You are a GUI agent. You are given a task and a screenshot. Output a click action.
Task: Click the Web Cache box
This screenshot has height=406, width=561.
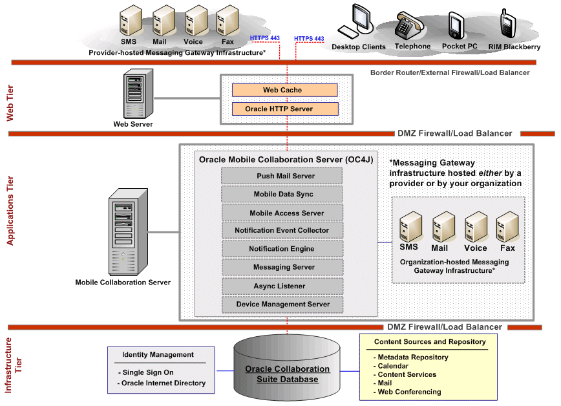point(284,90)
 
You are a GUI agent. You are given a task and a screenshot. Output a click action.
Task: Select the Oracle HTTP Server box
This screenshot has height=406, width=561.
point(284,109)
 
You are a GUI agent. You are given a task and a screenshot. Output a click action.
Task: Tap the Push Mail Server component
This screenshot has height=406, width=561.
point(282,176)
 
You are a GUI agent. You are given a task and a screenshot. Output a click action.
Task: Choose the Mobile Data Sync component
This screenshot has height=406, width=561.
point(282,194)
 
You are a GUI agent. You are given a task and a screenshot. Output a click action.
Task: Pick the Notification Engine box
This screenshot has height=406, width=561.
point(282,249)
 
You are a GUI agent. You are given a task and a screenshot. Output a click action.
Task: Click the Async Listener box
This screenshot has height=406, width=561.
point(282,286)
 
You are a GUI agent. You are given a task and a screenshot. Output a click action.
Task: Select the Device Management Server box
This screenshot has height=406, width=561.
point(282,304)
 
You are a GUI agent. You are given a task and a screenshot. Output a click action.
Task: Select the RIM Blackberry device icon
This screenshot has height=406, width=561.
point(506,25)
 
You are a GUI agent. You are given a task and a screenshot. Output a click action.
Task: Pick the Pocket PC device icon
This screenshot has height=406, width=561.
point(457,26)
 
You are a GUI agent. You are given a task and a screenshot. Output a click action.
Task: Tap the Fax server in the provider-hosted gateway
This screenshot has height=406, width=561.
point(228,21)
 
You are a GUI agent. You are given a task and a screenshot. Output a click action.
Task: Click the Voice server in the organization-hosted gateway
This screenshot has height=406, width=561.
point(475,227)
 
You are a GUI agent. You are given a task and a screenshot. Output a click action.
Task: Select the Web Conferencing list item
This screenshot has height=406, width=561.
point(409,392)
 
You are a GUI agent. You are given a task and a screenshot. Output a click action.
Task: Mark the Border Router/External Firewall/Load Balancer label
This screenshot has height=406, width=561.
point(449,72)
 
